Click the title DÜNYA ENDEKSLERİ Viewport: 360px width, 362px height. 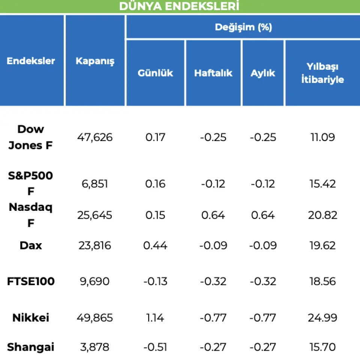pos(179,6)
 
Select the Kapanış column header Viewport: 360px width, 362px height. pos(95,61)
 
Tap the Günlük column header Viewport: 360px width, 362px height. pos(155,73)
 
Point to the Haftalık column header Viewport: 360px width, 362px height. pos(213,73)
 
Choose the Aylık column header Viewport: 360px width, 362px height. pos(263,73)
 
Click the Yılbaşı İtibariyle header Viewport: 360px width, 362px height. pos(322,73)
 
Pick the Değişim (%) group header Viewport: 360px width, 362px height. pos(243,27)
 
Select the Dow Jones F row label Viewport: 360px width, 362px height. pos(31,137)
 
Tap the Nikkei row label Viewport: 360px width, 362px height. pos(31,318)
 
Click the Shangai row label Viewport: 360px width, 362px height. pos(31,347)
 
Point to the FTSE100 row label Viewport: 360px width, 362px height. pos(31,281)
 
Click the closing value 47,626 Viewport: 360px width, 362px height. pos(95,137)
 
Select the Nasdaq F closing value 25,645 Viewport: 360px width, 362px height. pos(95,215)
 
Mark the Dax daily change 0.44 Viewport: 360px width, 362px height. pos(155,246)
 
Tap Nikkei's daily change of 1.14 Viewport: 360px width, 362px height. pos(155,318)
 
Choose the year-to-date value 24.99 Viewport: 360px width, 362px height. pos(322,318)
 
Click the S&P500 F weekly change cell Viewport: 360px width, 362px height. pos(213,184)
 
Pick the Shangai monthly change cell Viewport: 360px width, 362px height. pos(263,347)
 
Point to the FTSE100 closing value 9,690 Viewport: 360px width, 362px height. pos(95,281)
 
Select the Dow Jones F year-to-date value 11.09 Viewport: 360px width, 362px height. pos(322,137)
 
